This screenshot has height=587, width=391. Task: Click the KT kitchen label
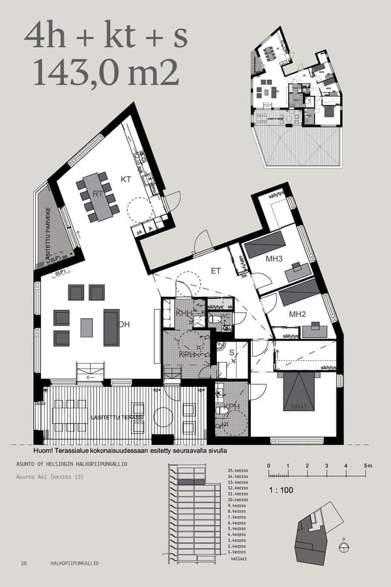[126, 177]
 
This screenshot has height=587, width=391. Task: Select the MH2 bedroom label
[298, 314]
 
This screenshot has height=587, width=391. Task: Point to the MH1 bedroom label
[299, 408]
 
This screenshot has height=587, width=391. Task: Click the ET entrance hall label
[216, 270]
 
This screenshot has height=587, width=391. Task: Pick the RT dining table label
[98, 193]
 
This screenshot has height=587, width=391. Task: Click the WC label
[226, 317]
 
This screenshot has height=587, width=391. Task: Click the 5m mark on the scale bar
[368, 466]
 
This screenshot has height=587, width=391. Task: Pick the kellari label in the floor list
[239, 558]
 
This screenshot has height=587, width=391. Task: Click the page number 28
[23, 563]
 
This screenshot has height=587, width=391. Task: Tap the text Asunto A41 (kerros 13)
[50, 477]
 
